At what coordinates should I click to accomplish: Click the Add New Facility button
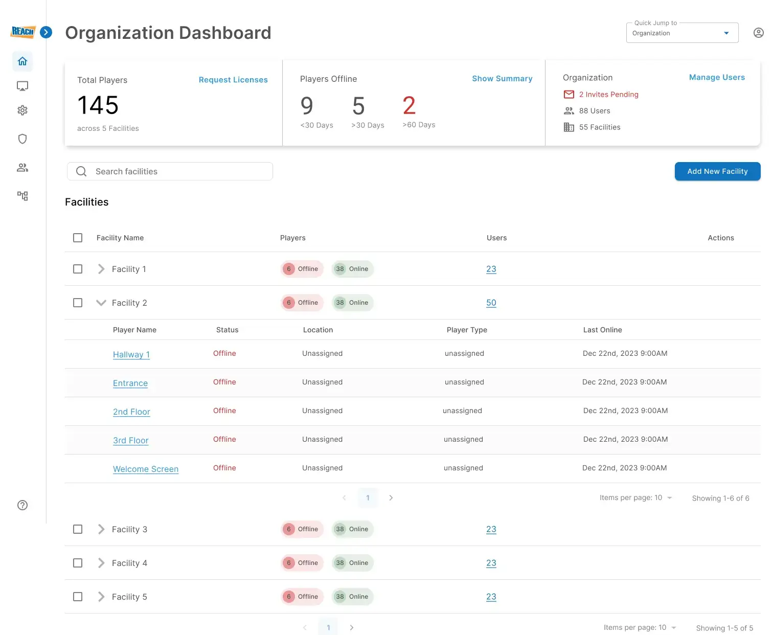coord(717,171)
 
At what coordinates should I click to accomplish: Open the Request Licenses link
coord(233,80)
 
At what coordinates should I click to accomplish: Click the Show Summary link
coord(502,79)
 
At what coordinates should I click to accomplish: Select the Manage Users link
coord(717,77)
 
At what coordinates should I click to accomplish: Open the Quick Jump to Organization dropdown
coord(682,33)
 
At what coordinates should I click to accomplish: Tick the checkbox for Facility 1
coord(78,269)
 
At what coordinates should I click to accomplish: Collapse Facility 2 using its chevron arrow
coord(101,303)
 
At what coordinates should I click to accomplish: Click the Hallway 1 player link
coord(131,354)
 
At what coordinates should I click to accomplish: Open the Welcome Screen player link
coord(146,469)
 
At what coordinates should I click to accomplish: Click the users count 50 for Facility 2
coord(491,303)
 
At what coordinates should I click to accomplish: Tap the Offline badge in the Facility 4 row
coord(302,563)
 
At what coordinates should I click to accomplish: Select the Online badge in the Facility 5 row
coord(353,597)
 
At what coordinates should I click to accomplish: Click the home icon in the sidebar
coord(22,61)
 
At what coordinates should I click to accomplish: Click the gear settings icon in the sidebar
coord(22,110)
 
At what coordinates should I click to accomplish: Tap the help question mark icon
coord(22,505)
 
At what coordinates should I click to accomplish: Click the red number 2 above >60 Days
coord(409,106)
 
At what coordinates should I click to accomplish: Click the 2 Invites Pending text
coord(608,95)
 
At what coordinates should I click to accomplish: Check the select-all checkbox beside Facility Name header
coord(78,238)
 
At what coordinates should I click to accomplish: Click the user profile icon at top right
coord(759,33)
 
